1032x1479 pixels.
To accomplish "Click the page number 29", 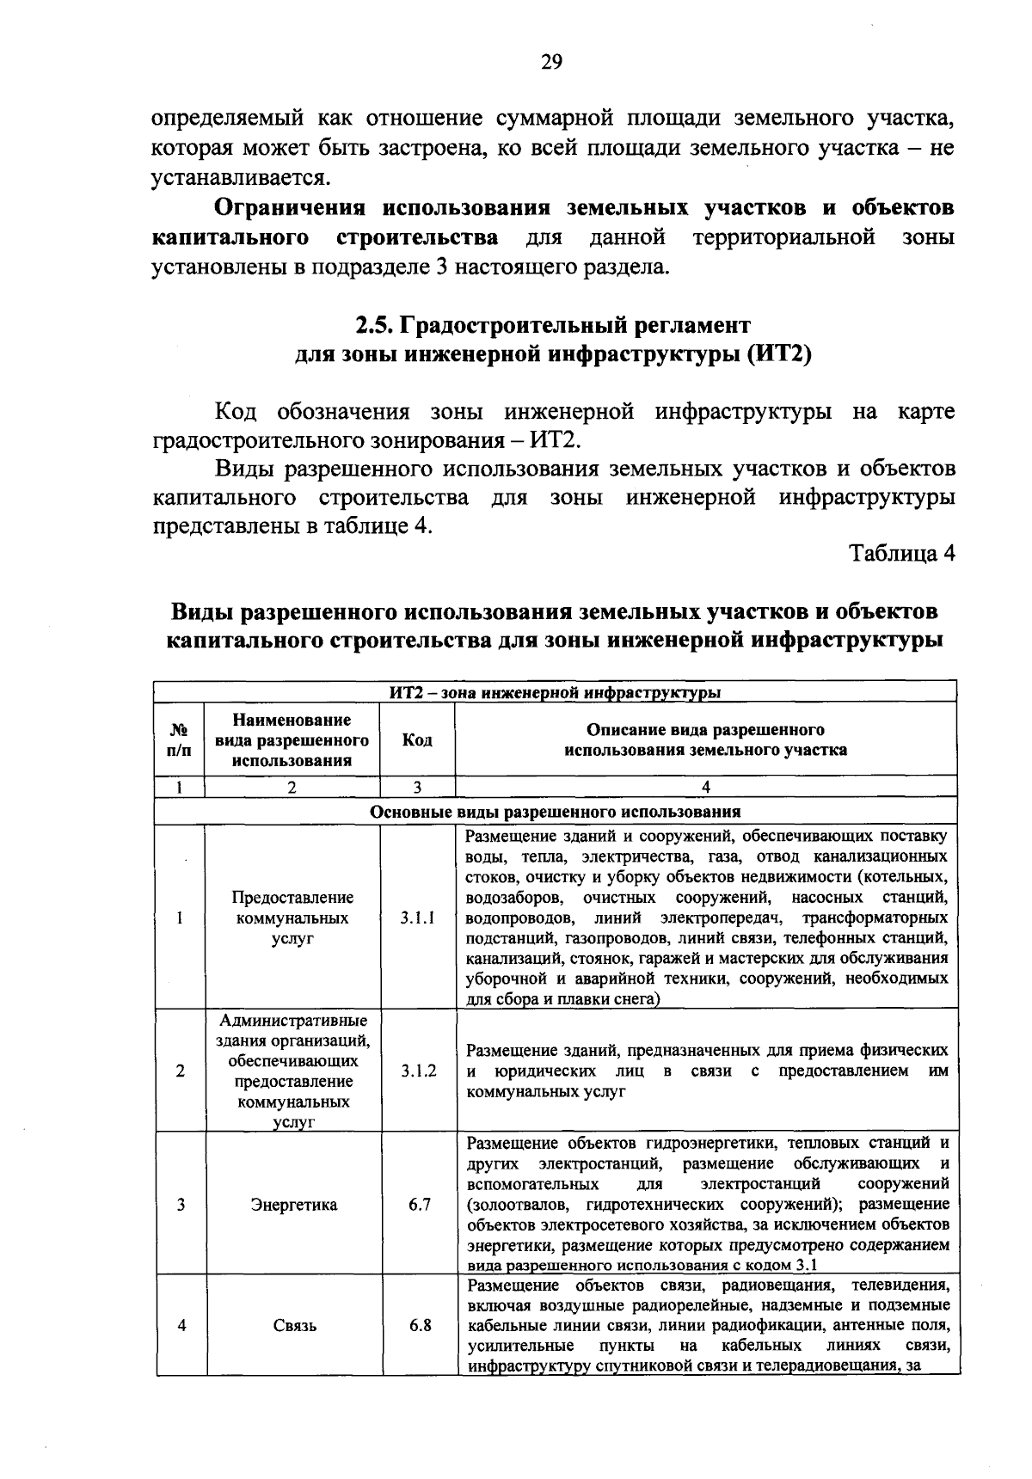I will [x=551, y=61].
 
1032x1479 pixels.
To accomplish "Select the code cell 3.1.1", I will [x=418, y=917].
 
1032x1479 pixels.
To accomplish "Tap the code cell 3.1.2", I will [x=418, y=1071].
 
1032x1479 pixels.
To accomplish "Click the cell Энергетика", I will [x=293, y=1205].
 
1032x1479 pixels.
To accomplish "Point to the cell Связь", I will [x=294, y=1325].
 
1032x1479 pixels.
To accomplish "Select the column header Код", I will [x=417, y=739].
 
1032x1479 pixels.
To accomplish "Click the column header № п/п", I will [x=180, y=739].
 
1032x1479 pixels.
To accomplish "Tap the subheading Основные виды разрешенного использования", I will [x=555, y=812].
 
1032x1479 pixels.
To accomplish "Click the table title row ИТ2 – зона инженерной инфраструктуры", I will [x=555, y=691].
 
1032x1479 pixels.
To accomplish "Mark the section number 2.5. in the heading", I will [x=375, y=326].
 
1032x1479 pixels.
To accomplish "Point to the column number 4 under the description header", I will [x=705, y=787].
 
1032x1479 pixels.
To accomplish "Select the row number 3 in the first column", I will [x=181, y=1205].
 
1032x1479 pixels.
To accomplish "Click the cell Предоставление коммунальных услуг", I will [x=292, y=917].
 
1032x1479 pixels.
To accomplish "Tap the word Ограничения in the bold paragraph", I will [x=289, y=208].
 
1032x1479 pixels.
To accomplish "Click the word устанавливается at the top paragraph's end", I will [x=240, y=178].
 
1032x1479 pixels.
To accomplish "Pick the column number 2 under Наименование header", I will [x=292, y=787].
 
